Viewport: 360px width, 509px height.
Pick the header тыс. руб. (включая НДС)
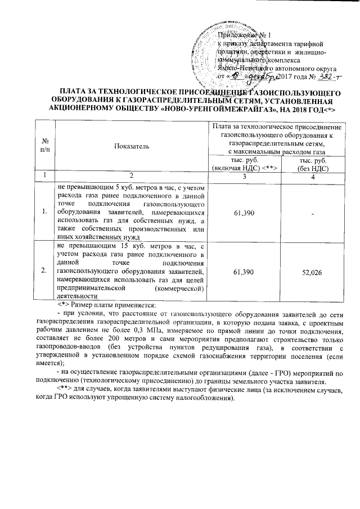[245, 164]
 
